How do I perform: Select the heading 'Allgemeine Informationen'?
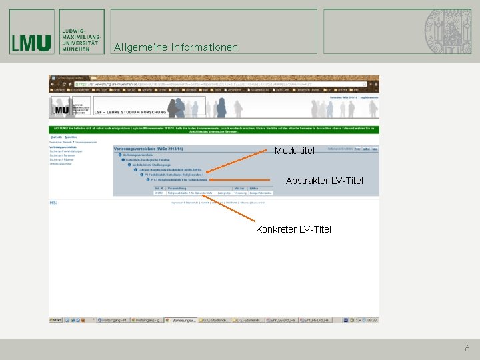tap(175, 47)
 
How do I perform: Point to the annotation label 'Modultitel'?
tap(294, 151)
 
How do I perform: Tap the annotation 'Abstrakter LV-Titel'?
tap(324, 181)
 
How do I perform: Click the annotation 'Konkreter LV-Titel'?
tap(293, 229)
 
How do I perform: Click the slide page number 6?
tap(467, 348)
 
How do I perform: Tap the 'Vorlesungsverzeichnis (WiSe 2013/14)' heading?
tap(148, 148)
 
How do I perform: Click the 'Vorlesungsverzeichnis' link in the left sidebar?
tap(63, 147)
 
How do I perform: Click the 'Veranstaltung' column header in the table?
tap(177, 189)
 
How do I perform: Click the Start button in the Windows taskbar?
tap(56, 321)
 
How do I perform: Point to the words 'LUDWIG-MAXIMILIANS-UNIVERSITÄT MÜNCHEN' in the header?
tap(81, 41)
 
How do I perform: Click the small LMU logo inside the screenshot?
tap(61, 108)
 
